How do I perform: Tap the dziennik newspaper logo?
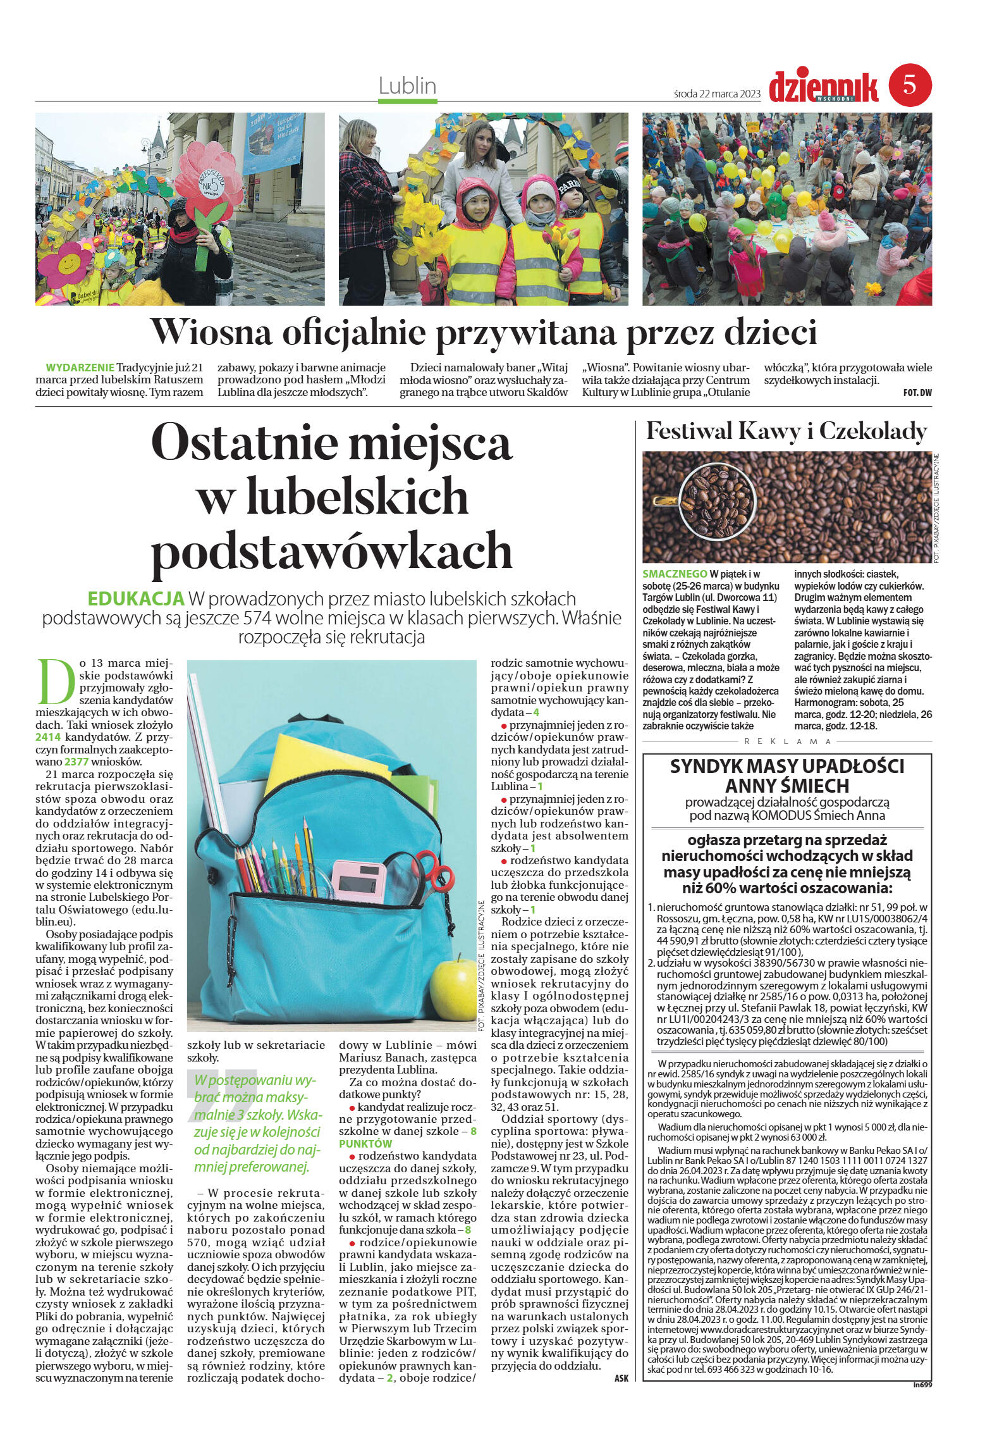pyautogui.click(x=824, y=87)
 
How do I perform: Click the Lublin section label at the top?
pyautogui.click(x=407, y=86)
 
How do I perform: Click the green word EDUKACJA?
pyautogui.click(x=137, y=598)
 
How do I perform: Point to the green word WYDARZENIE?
pyautogui.click(x=80, y=368)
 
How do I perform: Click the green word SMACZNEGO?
pyautogui.click(x=675, y=574)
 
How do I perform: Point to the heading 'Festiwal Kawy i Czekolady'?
pyautogui.click(x=786, y=431)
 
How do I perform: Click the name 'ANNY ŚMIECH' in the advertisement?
pyautogui.click(x=786, y=786)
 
